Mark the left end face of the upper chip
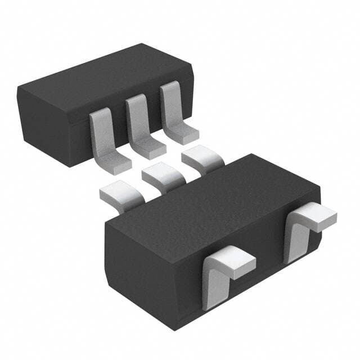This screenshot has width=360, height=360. [x=45, y=121]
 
